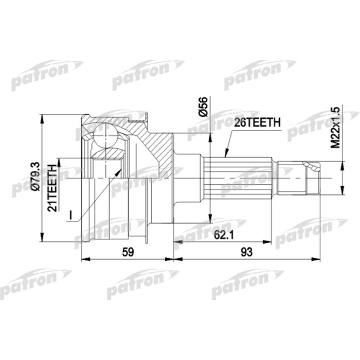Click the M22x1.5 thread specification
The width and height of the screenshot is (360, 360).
coord(335,129)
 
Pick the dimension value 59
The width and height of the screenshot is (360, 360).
coord(129,253)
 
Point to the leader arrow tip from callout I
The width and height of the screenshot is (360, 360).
coord(121,169)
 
